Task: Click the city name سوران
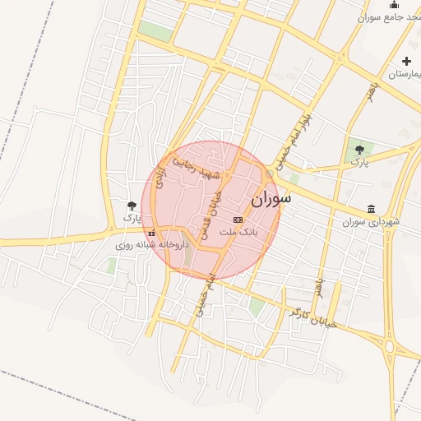[271, 198]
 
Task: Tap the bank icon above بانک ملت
[238, 220]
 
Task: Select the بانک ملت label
[238, 233]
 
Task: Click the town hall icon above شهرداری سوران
[372, 209]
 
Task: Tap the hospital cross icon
[406, 62]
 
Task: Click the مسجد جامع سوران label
[390, 16]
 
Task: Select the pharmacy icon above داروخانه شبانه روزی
[150, 233]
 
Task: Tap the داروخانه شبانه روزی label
[151, 245]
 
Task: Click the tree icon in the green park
[359, 149]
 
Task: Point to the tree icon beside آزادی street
[132, 206]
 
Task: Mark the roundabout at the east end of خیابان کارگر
[389, 345]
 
